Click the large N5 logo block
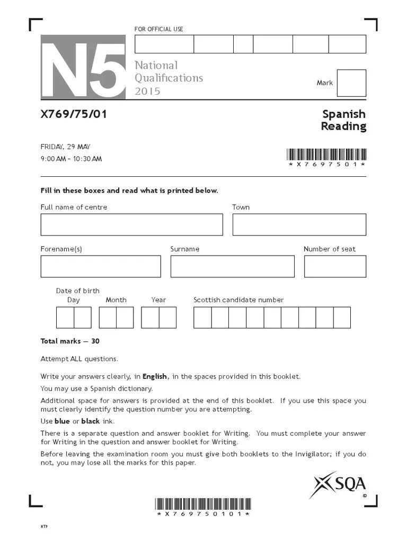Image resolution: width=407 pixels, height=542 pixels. (83, 67)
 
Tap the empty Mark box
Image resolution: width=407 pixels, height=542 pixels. (351, 83)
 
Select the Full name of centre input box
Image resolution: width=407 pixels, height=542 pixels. (131, 224)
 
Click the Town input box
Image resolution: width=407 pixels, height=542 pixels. (299, 224)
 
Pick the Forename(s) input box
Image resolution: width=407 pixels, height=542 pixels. (101, 266)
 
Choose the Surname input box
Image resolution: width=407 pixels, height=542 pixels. (232, 266)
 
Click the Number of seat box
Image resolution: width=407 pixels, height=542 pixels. (335, 266)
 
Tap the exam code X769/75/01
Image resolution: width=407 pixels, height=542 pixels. (74, 114)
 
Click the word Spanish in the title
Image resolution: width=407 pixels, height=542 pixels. (344, 114)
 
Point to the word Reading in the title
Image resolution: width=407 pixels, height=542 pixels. (343, 126)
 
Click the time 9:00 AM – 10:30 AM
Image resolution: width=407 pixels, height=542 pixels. (71, 159)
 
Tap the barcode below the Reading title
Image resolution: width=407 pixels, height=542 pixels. (326, 155)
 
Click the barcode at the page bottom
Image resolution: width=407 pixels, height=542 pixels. (203, 504)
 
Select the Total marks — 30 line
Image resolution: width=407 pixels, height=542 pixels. (70, 341)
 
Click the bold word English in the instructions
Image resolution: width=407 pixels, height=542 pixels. (155, 376)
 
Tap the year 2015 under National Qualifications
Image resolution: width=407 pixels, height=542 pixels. (147, 91)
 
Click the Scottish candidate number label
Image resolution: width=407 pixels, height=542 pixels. (238, 300)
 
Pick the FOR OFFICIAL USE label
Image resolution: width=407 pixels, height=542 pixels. (159, 29)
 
